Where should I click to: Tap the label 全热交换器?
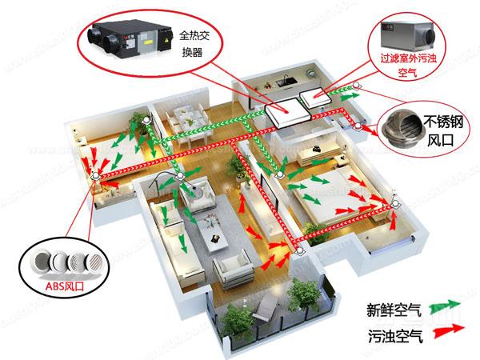click(194, 44)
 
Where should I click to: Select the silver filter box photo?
click(407, 36)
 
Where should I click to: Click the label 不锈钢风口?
click(442, 130)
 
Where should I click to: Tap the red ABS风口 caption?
click(65, 286)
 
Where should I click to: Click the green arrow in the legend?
click(445, 306)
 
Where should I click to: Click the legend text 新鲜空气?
click(394, 310)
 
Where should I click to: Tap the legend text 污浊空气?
click(395, 336)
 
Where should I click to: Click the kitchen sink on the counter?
click(286, 81)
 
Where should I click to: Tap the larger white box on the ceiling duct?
click(288, 113)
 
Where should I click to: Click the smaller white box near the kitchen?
click(314, 97)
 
